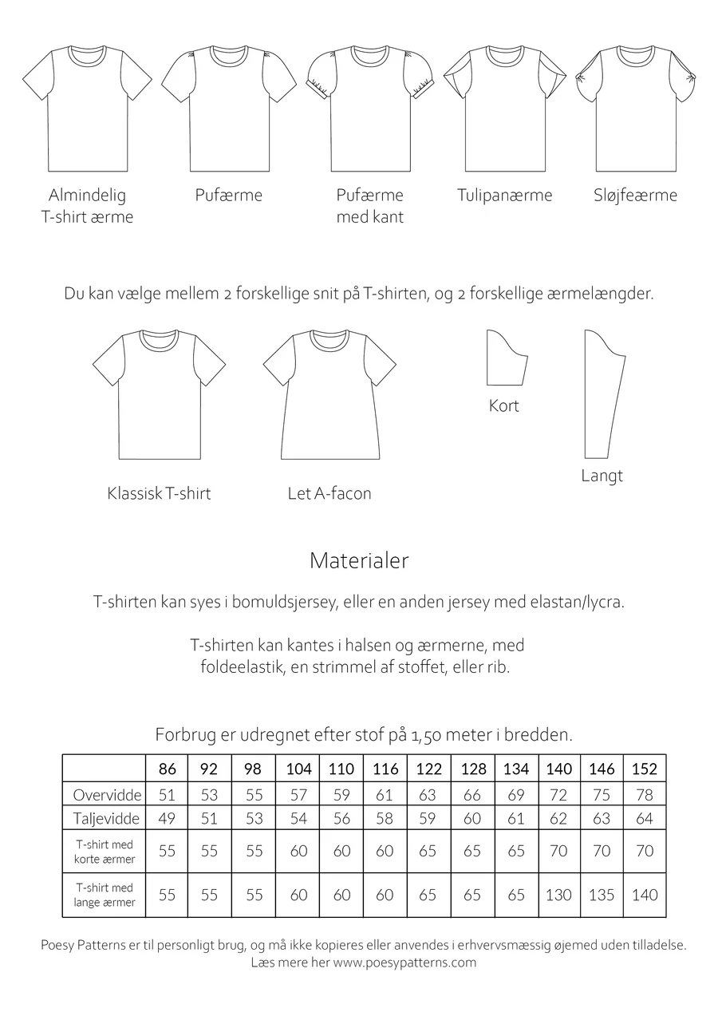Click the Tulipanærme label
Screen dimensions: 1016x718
point(504,196)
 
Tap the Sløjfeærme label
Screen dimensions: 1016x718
point(635,196)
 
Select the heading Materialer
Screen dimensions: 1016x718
point(359,561)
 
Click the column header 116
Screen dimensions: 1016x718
point(385,769)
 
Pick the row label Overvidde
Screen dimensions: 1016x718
point(107,795)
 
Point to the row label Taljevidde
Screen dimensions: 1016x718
point(106,819)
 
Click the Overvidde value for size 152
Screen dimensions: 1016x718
point(644,795)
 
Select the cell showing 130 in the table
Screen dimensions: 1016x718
point(558,895)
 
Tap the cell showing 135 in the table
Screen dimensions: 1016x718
point(601,895)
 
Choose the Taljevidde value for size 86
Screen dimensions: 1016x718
point(167,819)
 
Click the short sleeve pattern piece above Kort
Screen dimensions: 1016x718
point(506,357)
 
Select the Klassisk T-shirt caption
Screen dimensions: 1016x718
point(159,494)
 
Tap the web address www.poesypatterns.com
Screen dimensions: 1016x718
point(404,962)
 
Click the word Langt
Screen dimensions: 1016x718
point(602,476)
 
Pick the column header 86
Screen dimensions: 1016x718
point(167,769)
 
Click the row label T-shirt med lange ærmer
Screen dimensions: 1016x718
point(105,895)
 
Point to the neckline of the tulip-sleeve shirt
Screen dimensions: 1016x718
point(505,54)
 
